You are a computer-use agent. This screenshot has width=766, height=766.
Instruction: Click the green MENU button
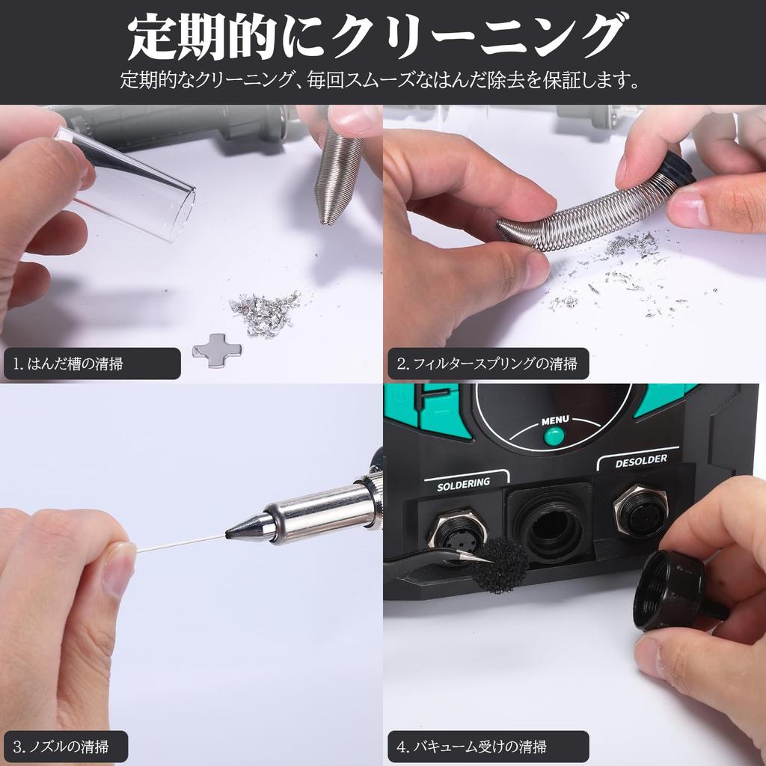pos(554,435)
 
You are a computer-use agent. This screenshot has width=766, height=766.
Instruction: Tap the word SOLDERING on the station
pos(463,483)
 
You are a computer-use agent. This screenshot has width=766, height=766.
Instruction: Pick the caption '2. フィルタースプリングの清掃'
pos(487,364)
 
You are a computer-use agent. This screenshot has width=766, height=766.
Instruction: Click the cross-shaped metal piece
pos(217,349)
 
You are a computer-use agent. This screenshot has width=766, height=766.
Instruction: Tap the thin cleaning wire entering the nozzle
pos(180,542)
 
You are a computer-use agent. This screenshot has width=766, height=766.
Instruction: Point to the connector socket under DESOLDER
pos(641,511)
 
